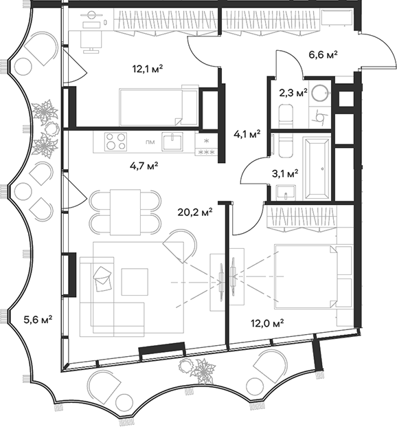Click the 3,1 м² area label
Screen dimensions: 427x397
click(285, 173)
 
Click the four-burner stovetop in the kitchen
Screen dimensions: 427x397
click(115, 142)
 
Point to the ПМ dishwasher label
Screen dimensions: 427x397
click(149, 142)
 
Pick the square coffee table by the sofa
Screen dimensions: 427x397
click(135, 281)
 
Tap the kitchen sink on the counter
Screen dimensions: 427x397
click(176, 141)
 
